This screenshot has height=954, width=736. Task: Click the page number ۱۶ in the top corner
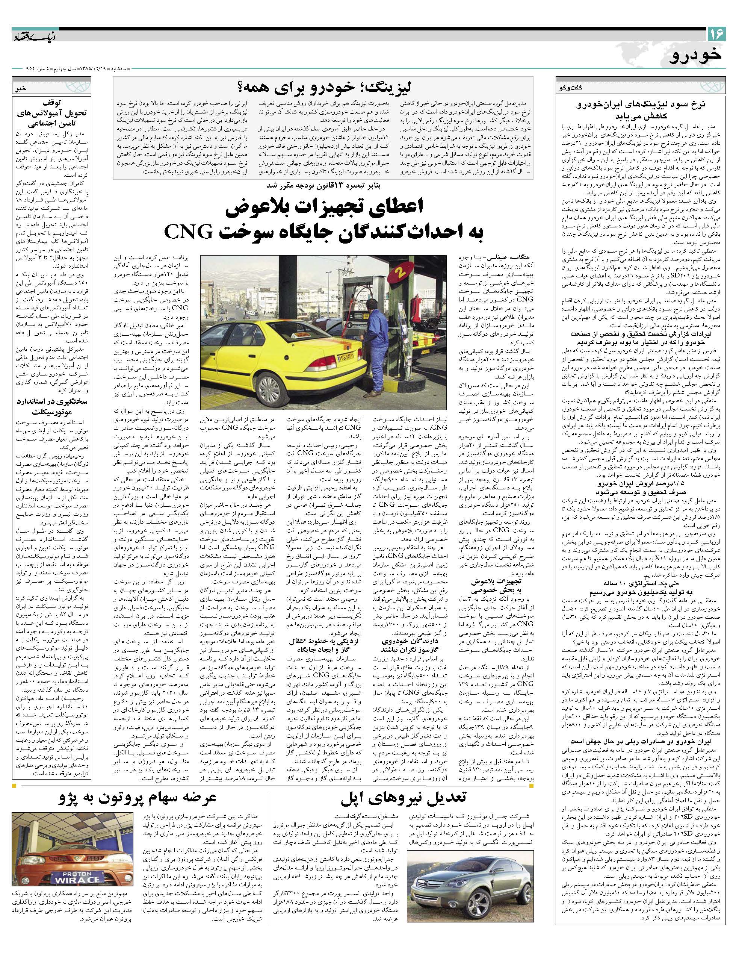716,34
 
